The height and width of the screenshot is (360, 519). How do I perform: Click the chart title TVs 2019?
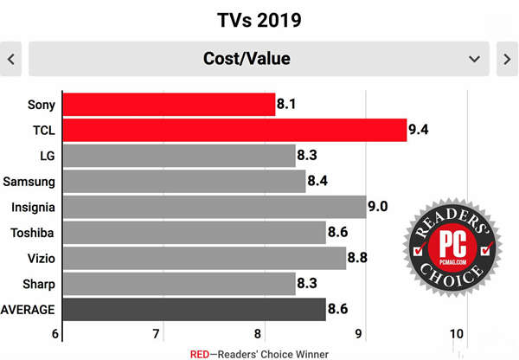tap(259, 18)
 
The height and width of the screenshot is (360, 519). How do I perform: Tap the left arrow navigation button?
tap(12, 59)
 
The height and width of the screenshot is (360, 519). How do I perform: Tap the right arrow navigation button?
tap(507, 59)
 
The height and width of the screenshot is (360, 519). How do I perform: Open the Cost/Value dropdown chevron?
tap(474, 59)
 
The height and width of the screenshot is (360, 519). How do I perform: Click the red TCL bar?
tap(234, 131)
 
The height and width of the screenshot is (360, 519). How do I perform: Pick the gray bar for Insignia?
tap(214, 207)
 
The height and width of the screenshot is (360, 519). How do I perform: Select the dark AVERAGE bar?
tap(194, 309)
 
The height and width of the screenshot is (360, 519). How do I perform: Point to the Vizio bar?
tap(204, 258)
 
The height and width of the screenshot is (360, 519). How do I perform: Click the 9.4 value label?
tap(420, 131)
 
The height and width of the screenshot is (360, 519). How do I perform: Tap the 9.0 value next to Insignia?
tap(378, 207)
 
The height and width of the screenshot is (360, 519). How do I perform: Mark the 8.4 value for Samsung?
tap(318, 182)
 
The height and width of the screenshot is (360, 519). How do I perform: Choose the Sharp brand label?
tap(39, 284)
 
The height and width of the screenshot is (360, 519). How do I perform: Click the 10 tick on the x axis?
tap(458, 334)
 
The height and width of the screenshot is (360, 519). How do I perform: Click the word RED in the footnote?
tap(200, 354)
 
